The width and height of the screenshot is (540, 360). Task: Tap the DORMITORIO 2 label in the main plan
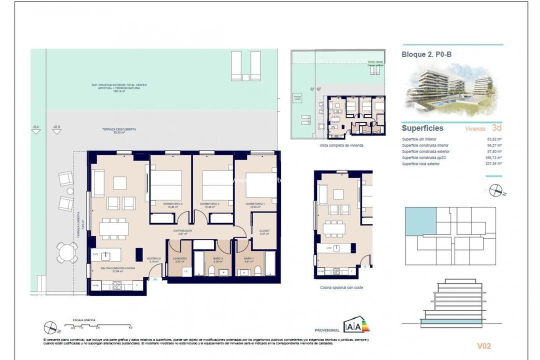pyautogui.click(x=210, y=204)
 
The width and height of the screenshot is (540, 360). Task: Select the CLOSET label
pyautogui.click(x=264, y=230)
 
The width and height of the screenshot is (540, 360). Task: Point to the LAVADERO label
pyautogui.click(x=180, y=258)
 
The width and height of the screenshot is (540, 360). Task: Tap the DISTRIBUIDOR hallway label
pyautogui.click(x=182, y=231)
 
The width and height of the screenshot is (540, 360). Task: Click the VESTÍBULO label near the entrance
pyautogui.click(x=153, y=259)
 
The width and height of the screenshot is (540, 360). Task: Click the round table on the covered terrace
pyautogui.click(x=67, y=252)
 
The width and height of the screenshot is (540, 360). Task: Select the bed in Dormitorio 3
pyautogui.click(x=166, y=186)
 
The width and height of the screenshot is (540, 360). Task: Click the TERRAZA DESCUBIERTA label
pyautogui.click(x=112, y=129)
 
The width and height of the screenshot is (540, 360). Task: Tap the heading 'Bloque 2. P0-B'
pyautogui.click(x=426, y=54)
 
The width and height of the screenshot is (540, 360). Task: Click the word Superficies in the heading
pyautogui.click(x=422, y=128)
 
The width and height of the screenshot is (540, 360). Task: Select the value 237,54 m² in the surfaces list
pyautogui.click(x=493, y=163)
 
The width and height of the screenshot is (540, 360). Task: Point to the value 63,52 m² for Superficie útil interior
pyautogui.click(x=494, y=139)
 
